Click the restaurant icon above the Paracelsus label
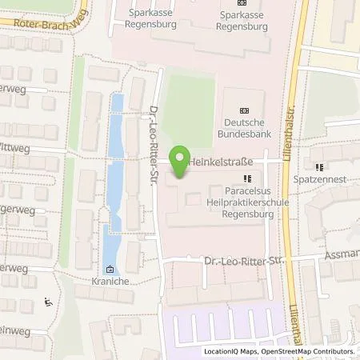(x=246, y=178)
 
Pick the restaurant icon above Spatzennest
(x=320, y=168)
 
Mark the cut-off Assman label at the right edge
(x=343, y=254)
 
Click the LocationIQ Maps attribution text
(x=232, y=351)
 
